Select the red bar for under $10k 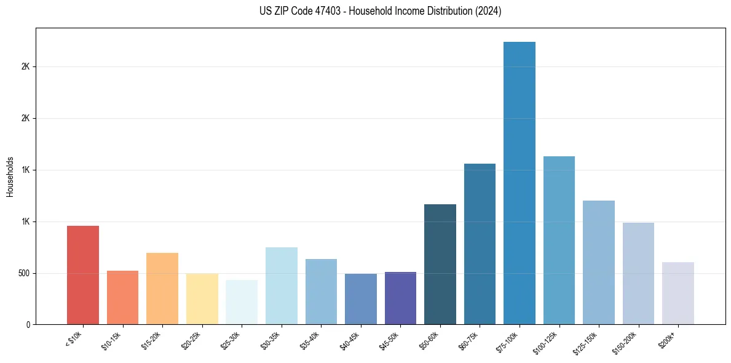point(83,275)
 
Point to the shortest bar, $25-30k point(242,302)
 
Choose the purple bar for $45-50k point(400,298)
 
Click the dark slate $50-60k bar point(440,264)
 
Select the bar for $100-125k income point(559,240)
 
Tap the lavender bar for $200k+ point(678,293)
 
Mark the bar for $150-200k point(638,273)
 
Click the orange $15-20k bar point(162,289)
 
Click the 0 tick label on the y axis point(28,325)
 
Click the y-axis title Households point(10,176)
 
